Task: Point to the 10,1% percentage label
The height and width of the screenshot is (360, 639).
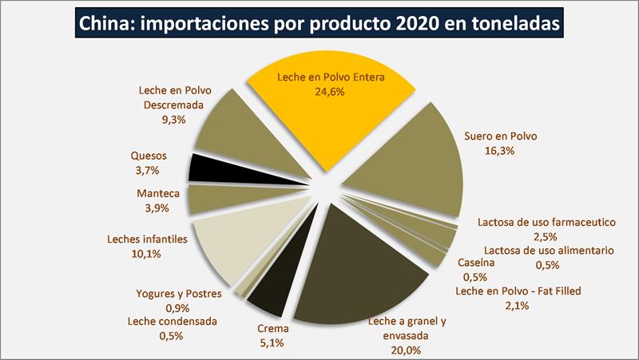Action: pyautogui.click(x=145, y=254)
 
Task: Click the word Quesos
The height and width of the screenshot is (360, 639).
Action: pyautogui.click(x=149, y=156)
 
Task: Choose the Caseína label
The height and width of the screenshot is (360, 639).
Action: pyautogui.click(x=477, y=263)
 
